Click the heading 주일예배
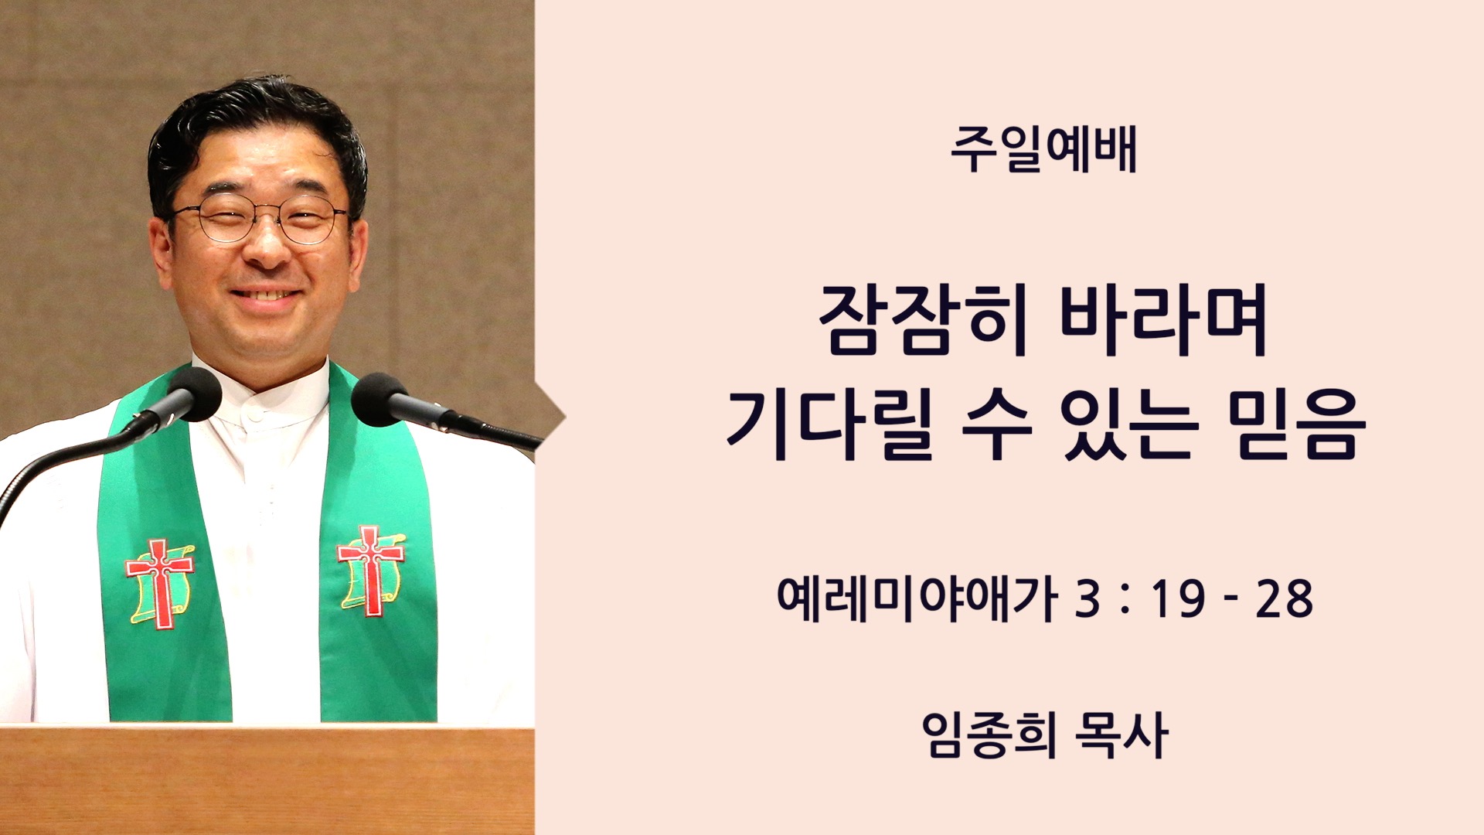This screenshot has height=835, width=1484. [1043, 150]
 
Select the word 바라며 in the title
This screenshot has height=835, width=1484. [1164, 319]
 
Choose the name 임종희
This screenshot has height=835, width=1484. [989, 734]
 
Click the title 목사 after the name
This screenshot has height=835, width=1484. [1122, 734]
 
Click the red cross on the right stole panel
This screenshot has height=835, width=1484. [371, 570]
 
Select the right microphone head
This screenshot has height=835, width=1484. [380, 400]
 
